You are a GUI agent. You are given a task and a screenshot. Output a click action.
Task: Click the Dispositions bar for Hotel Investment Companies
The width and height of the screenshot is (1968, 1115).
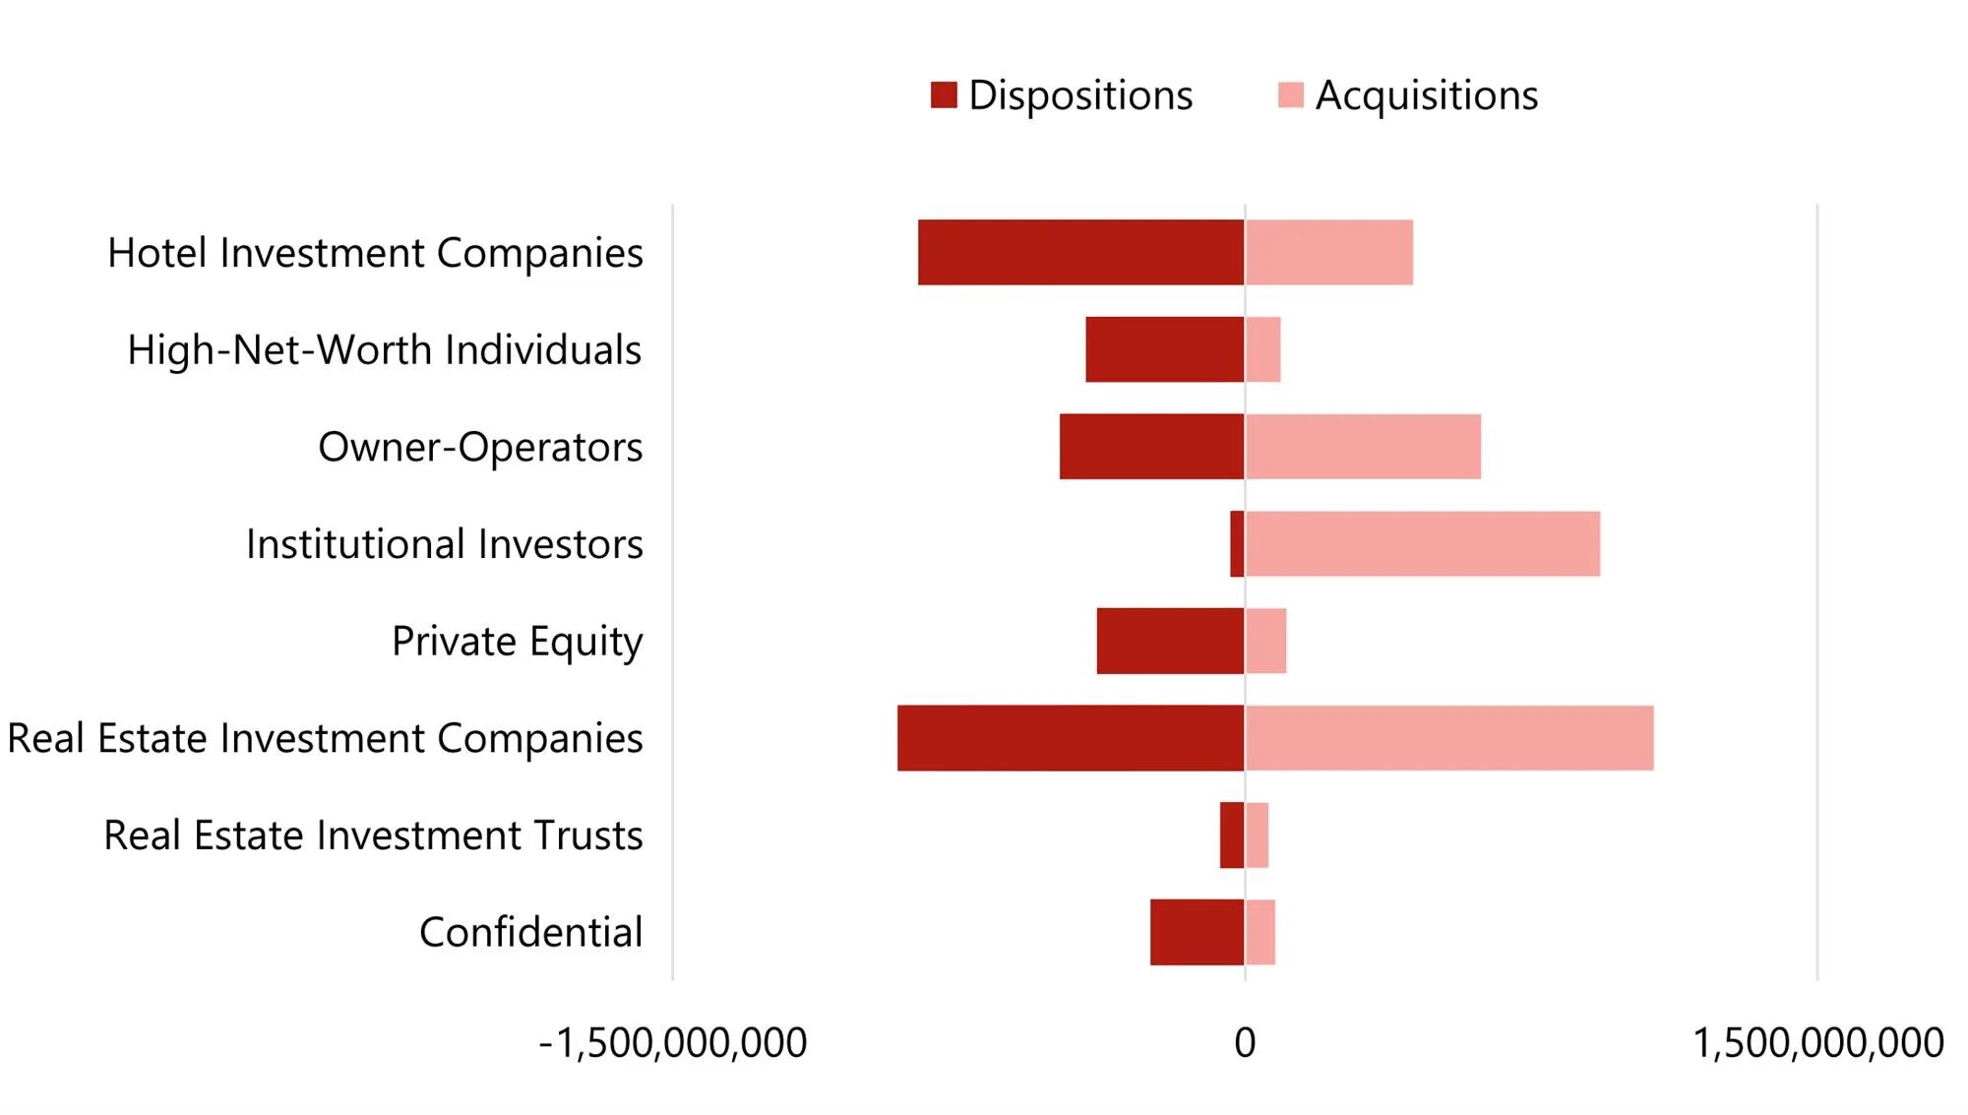pyautogui.click(x=1080, y=252)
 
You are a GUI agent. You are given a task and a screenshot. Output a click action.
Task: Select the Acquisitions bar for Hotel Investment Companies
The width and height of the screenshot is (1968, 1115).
pyautogui.click(x=1328, y=252)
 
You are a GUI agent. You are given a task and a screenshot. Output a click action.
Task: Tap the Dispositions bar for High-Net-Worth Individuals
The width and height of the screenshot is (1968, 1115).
pyautogui.click(x=1164, y=349)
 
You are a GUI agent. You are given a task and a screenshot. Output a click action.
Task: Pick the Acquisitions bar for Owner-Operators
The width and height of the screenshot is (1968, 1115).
pyautogui.click(x=1363, y=447)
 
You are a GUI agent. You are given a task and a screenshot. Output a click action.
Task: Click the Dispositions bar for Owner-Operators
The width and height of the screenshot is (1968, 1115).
pyautogui.click(x=1151, y=447)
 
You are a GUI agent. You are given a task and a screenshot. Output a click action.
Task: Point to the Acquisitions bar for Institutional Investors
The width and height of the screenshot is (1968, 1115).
pyautogui.click(x=1423, y=543)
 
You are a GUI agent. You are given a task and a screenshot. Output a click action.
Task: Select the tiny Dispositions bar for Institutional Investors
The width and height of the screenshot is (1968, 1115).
pyautogui.click(x=1237, y=543)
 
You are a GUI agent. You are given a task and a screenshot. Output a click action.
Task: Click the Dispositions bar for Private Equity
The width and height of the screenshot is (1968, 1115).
pyautogui.click(x=1170, y=641)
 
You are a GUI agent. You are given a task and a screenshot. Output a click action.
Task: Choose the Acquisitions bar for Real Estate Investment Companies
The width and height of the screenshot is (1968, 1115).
pyautogui.click(x=1449, y=738)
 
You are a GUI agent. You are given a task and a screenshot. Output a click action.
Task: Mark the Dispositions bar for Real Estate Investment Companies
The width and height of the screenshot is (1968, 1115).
pyautogui.click(x=1071, y=738)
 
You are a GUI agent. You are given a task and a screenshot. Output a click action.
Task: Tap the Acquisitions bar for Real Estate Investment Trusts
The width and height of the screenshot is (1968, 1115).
pyautogui.click(x=1257, y=835)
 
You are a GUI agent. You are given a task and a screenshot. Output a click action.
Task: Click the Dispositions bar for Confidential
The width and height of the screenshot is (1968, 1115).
pyautogui.click(x=1197, y=932)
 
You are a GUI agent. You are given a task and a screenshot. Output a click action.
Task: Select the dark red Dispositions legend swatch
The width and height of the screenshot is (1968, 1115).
pyautogui.click(x=944, y=95)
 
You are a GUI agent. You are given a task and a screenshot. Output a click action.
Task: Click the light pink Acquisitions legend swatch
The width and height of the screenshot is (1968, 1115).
pyautogui.click(x=1290, y=95)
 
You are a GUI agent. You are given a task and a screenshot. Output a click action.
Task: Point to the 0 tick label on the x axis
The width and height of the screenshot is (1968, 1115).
pyautogui.click(x=1245, y=1043)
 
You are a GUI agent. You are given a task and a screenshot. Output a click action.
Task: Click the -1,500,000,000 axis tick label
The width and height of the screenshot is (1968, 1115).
pyautogui.click(x=673, y=1043)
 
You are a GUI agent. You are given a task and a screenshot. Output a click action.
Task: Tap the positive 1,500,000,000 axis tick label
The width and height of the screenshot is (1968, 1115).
pyautogui.click(x=1817, y=1043)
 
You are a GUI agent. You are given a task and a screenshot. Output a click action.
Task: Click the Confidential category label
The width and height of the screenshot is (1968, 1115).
pyautogui.click(x=530, y=932)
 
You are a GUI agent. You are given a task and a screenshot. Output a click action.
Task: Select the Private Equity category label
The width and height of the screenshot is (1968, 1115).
pyautogui.click(x=517, y=642)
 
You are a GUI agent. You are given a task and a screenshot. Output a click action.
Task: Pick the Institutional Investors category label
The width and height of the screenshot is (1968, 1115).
pyautogui.click(x=444, y=544)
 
